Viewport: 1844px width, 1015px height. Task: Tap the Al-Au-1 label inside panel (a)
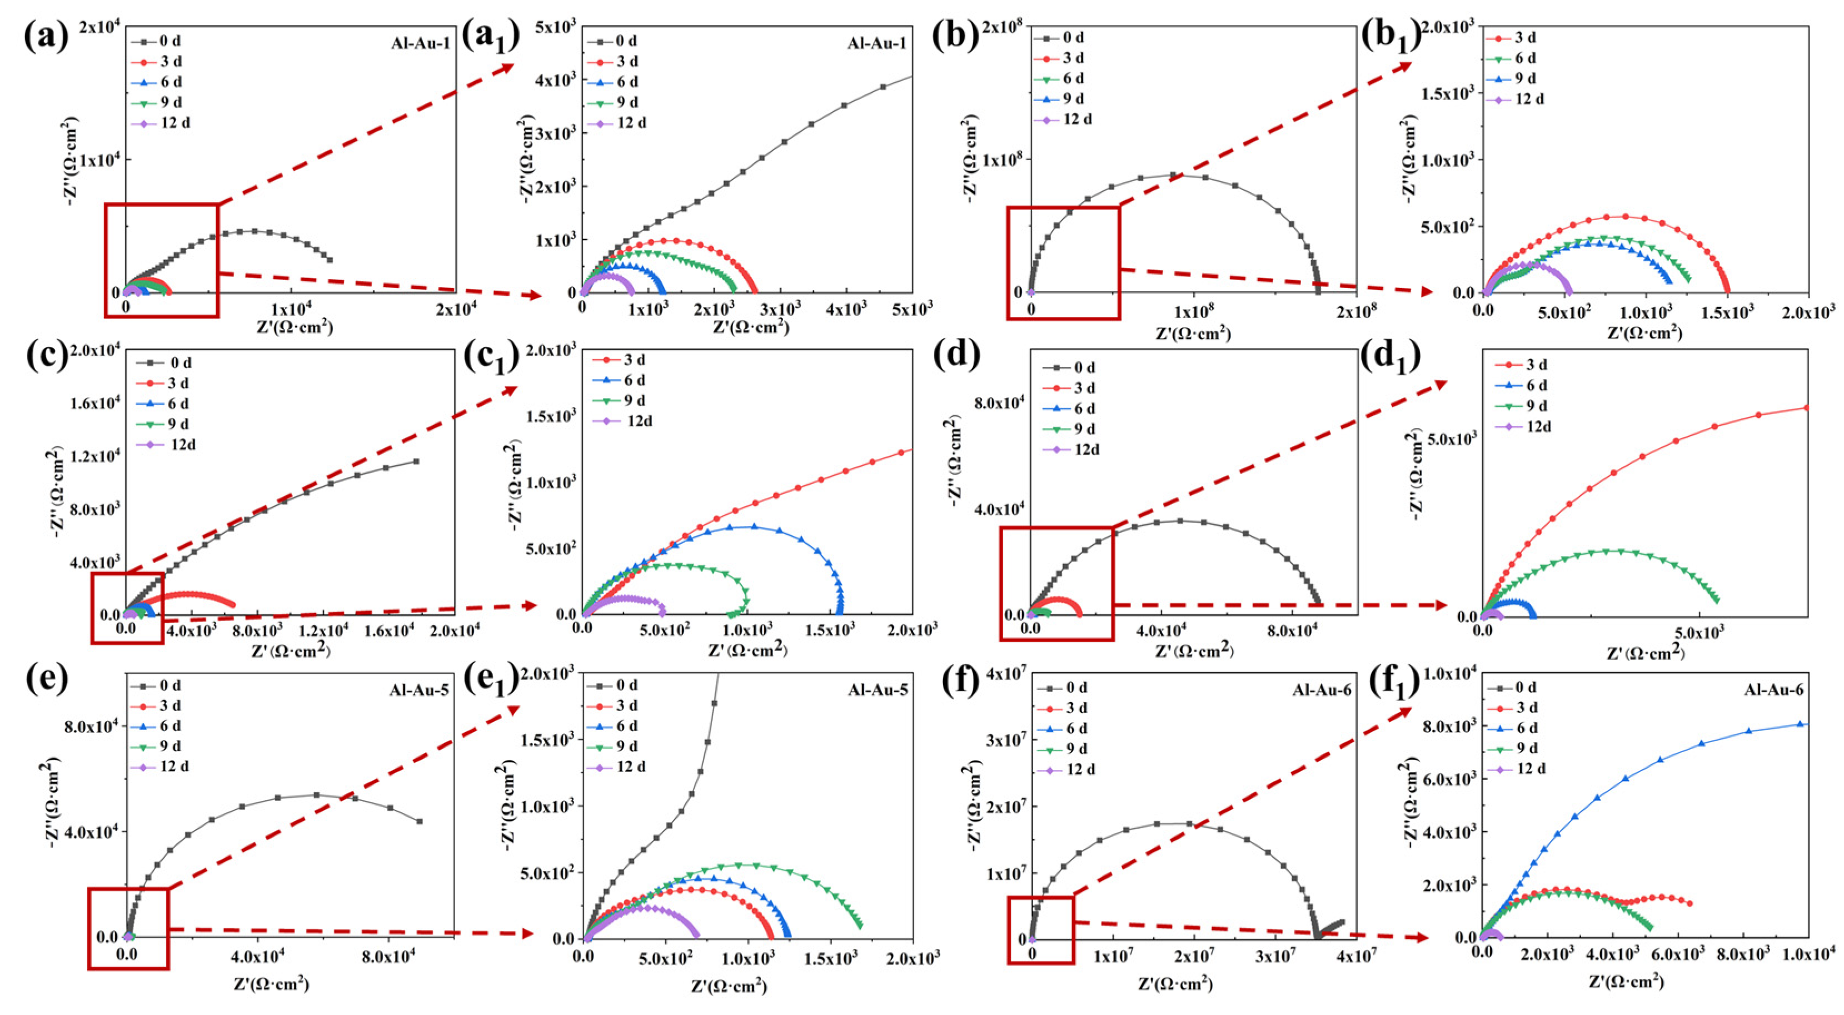[420, 43]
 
